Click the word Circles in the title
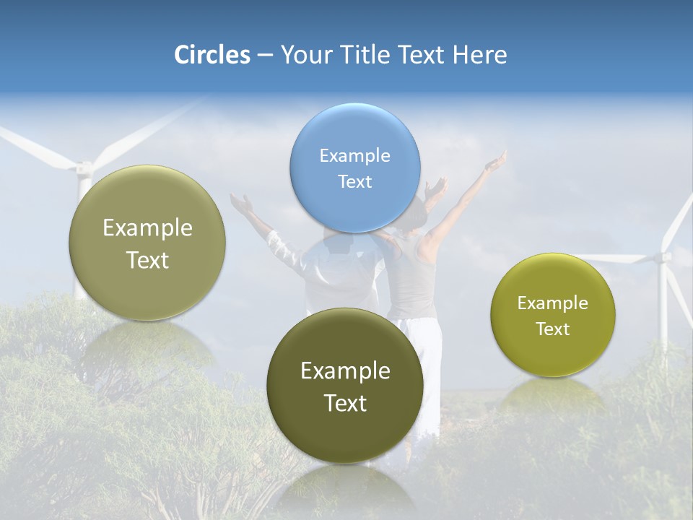[x=212, y=55]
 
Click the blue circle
[x=354, y=168]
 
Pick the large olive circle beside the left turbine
[x=147, y=243]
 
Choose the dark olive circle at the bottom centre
[x=345, y=386]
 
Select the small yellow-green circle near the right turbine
[x=553, y=315]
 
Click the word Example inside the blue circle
[x=354, y=155]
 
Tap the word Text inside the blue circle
[x=354, y=181]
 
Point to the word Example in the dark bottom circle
[x=345, y=370]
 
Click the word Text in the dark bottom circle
[x=345, y=403]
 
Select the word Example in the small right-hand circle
[x=553, y=303]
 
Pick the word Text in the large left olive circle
[x=147, y=260]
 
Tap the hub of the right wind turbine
[x=661, y=257]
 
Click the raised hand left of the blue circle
[x=241, y=202]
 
